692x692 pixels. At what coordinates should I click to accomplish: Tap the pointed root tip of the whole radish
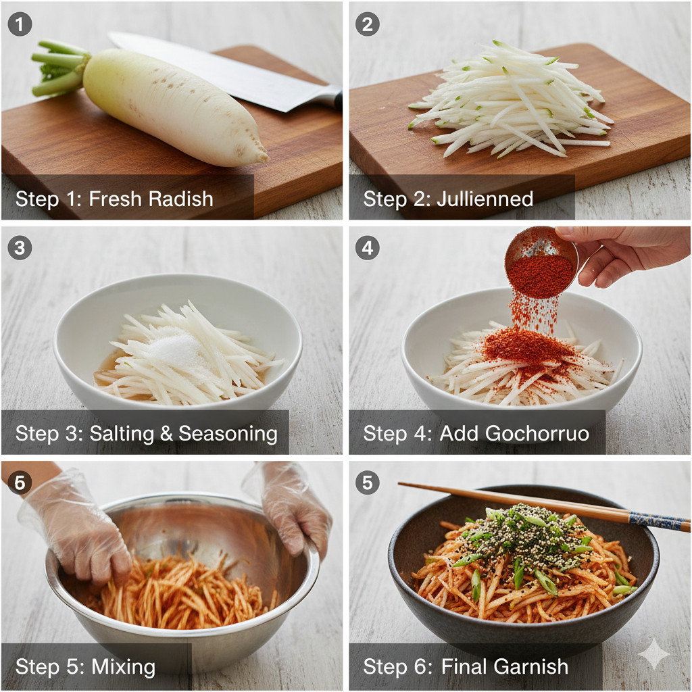(x=264, y=156)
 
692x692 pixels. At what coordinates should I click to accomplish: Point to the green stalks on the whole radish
(x=59, y=68)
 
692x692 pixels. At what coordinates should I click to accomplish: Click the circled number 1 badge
(x=20, y=24)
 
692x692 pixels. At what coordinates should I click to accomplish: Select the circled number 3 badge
(x=20, y=247)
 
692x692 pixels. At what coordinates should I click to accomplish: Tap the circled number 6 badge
(x=20, y=483)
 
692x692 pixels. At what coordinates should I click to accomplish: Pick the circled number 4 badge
(x=368, y=247)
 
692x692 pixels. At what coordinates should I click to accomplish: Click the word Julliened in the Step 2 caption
(x=485, y=199)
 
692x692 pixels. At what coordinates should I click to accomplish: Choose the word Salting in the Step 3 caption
(x=122, y=434)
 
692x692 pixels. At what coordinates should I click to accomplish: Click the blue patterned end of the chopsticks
(x=658, y=521)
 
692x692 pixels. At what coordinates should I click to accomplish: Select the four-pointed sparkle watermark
(x=654, y=653)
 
